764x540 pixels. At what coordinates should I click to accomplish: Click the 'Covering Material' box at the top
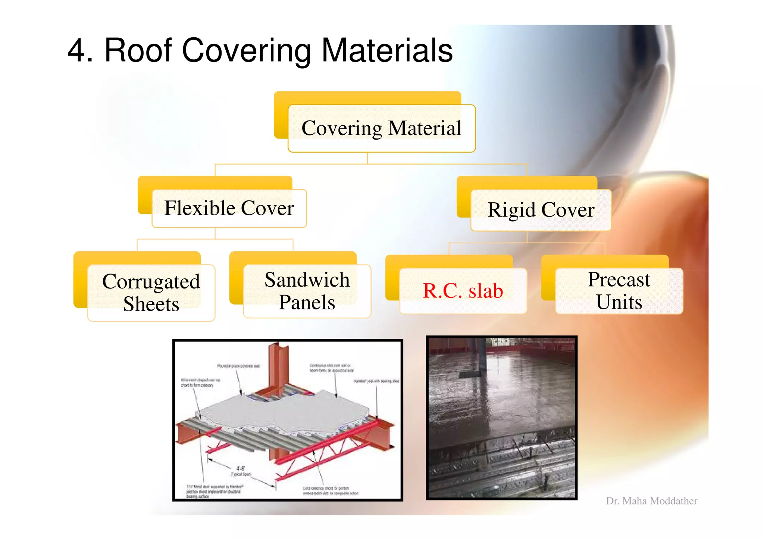pos(381,128)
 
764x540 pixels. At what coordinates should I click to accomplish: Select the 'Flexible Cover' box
pos(229,208)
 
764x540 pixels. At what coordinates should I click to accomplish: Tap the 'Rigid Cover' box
pos(541,210)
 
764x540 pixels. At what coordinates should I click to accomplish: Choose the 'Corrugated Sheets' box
pos(151,293)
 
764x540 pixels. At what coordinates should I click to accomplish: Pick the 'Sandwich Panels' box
pos(307,291)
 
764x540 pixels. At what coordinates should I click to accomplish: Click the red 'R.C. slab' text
pos(463,291)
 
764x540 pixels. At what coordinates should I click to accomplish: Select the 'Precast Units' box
pos(619,291)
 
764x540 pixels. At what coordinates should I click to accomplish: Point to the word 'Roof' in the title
pos(138,51)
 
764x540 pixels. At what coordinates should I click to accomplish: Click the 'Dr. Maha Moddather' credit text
pos(651,501)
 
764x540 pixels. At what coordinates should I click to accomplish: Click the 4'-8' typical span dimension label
pos(241,471)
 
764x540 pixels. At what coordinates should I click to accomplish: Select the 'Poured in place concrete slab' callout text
pos(238,366)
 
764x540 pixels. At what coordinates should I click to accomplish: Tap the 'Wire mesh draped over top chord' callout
pos(200,382)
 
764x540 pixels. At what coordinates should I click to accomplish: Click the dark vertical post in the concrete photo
pos(481,358)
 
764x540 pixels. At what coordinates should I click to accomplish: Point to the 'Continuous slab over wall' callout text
pos(331,368)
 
